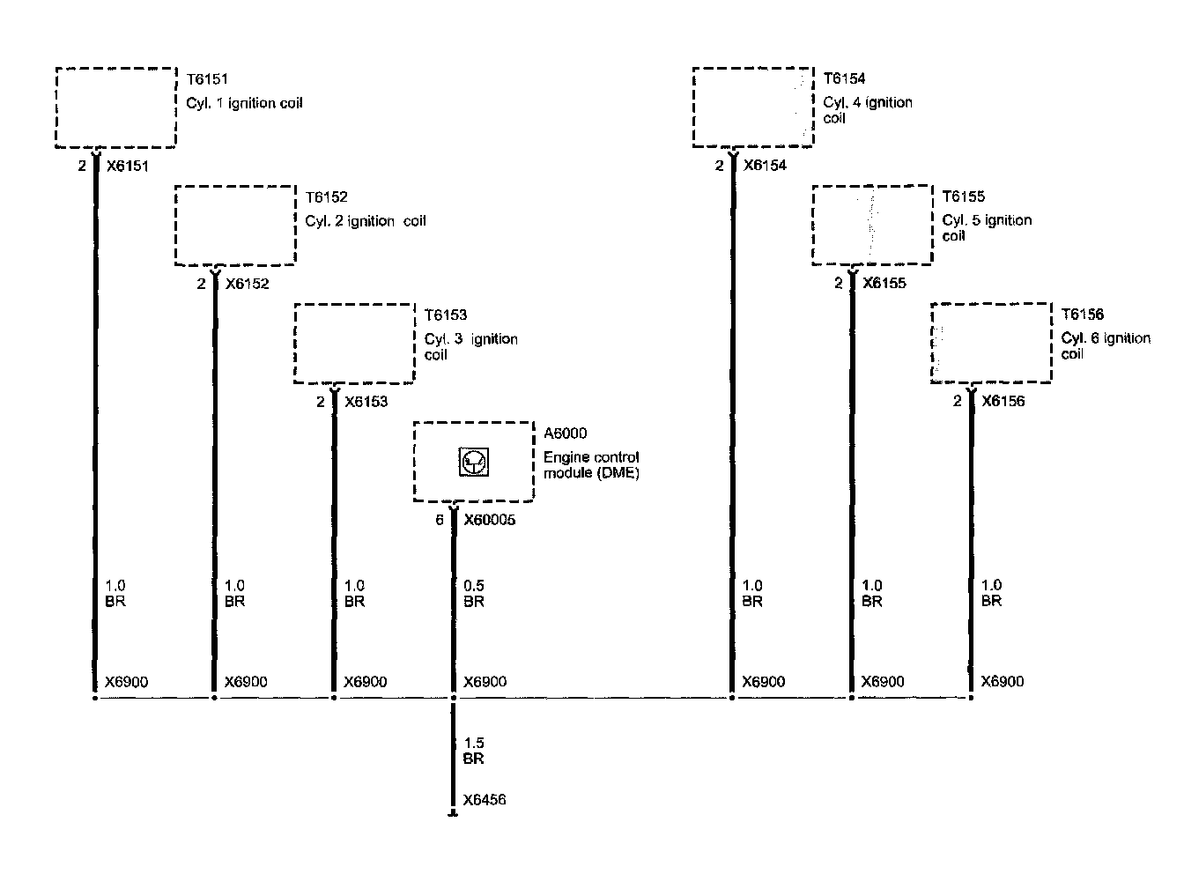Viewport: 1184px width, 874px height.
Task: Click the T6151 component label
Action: click(207, 79)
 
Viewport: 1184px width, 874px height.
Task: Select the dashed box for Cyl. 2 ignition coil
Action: click(235, 226)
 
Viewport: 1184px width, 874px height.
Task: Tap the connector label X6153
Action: click(366, 402)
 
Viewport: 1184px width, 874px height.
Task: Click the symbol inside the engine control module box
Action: click(474, 463)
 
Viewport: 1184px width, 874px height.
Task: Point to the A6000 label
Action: click(565, 433)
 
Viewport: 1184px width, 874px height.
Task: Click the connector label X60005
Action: click(489, 521)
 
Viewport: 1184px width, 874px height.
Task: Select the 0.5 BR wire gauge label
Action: click(474, 594)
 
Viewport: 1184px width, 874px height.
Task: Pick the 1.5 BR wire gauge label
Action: click(474, 751)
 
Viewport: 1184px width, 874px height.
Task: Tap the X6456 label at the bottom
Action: click(485, 801)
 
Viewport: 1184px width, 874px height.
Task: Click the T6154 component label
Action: click(844, 78)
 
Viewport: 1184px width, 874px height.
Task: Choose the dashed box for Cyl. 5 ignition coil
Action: click(871, 225)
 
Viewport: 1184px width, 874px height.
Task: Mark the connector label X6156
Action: click(1003, 402)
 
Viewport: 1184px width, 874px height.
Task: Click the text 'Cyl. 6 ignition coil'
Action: click(1106, 346)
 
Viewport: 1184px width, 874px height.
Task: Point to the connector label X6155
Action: click(884, 284)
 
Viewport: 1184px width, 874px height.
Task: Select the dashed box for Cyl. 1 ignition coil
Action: click(116, 107)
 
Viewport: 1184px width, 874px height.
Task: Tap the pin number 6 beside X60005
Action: click(440, 521)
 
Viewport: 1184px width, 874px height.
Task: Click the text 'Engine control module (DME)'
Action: click(591, 465)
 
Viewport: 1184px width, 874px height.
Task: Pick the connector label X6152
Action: click(247, 284)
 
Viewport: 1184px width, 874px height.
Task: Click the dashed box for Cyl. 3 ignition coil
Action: click(354, 344)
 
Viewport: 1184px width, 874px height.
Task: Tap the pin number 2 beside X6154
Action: click(719, 166)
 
